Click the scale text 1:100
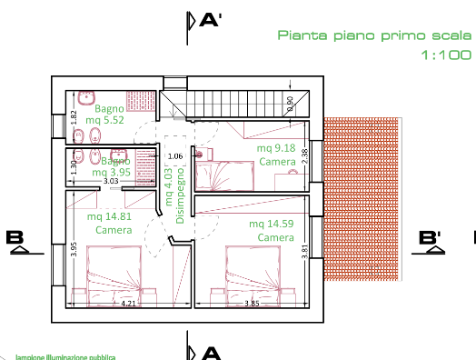(445, 55)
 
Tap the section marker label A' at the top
(212, 19)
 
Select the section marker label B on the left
(15, 238)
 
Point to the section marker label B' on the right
(430, 238)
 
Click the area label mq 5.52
(104, 120)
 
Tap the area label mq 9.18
(276, 148)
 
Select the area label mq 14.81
(110, 216)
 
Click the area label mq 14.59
(274, 223)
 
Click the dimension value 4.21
(128, 303)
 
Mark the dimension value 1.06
(176, 156)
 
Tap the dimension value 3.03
(112, 181)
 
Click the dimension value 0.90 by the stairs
(290, 104)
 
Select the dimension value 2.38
(305, 155)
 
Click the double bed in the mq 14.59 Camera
(252, 270)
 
